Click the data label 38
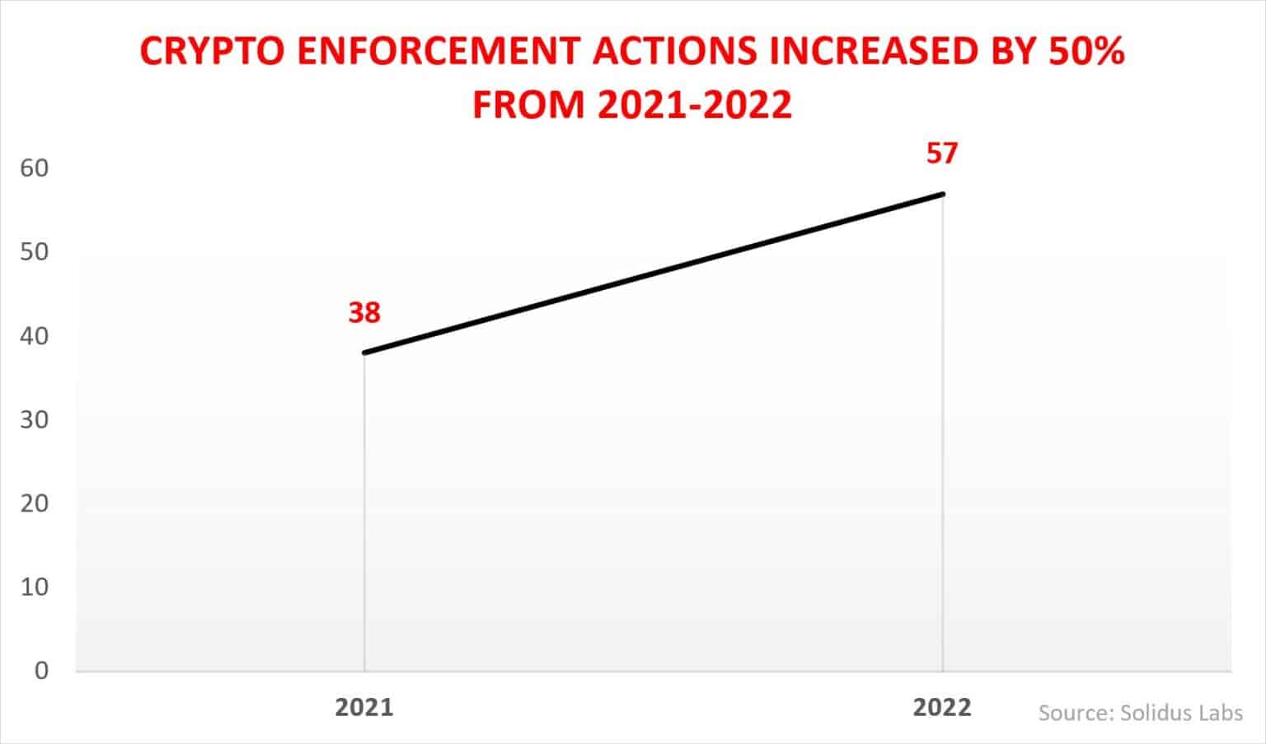[x=363, y=313]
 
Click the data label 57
[x=942, y=154]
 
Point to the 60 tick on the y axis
[x=35, y=168]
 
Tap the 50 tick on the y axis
[x=35, y=252]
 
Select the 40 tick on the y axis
[x=35, y=336]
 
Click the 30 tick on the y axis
[x=35, y=419]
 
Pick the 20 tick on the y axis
[x=35, y=503]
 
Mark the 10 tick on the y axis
[x=35, y=587]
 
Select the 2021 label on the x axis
[x=363, y=708]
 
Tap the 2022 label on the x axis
[x=942, y=708]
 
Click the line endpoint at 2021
[x=364, y=353]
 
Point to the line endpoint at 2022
[x=943, y=194]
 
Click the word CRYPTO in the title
[x=213, y=52]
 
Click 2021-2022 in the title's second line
[x=695, y=105]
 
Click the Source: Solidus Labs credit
[x=1140, y=713]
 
